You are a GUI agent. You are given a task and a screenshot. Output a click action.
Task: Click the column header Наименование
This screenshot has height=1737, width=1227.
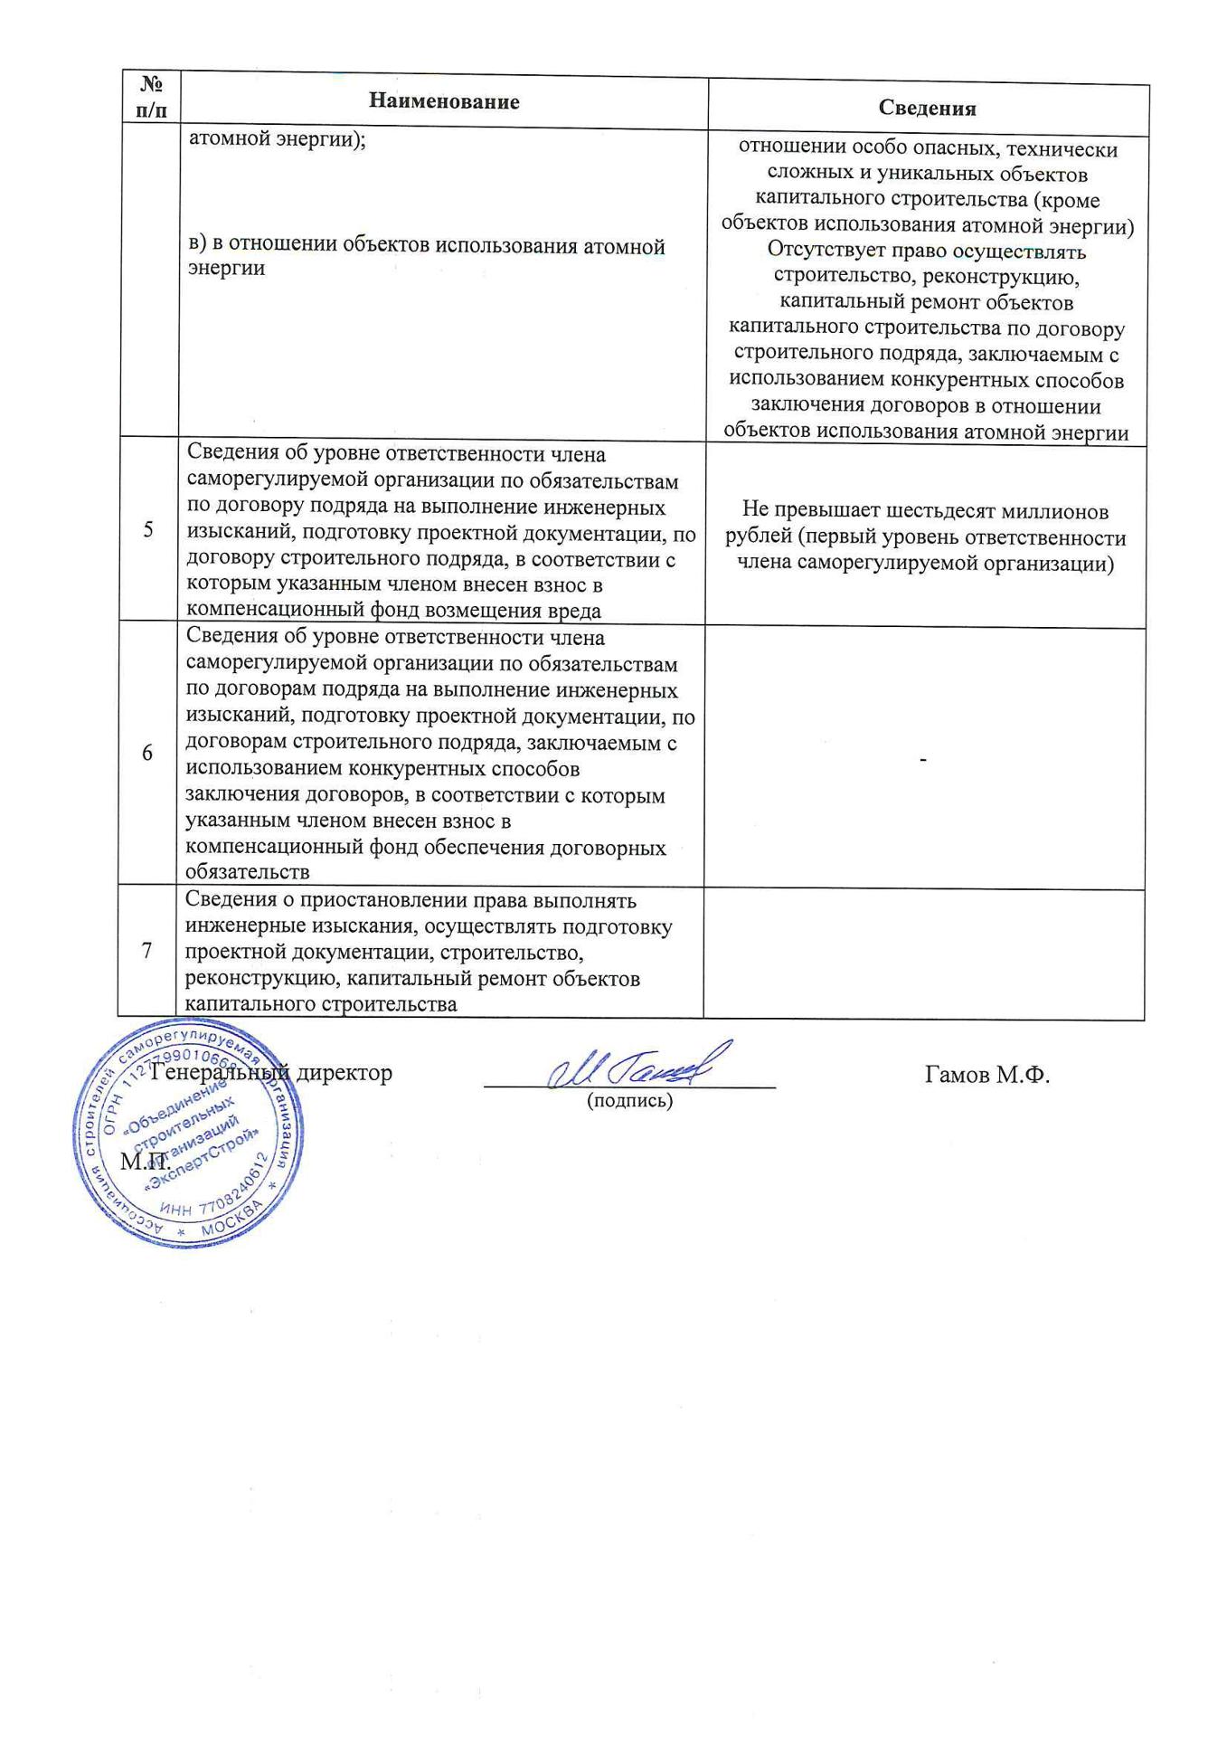coord(443,101)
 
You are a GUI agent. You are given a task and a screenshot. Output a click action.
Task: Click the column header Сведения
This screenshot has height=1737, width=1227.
coord(927,109)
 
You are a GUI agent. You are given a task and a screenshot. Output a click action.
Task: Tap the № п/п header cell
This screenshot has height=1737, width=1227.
coord(151,98)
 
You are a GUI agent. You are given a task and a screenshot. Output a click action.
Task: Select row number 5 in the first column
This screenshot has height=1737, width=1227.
coord(148,530)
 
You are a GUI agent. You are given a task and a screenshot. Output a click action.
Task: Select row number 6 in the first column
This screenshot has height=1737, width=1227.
coord(147,753)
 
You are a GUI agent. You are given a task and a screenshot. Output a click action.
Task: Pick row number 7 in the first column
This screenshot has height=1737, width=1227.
coord(147,950)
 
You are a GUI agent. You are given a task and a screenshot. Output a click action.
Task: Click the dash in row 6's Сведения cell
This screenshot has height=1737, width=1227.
coord(922,762)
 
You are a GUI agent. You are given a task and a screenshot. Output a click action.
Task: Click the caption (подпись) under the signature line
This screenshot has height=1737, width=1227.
coord(629,1101)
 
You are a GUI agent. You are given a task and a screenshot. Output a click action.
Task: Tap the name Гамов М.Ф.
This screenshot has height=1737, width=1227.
coord(986,1075)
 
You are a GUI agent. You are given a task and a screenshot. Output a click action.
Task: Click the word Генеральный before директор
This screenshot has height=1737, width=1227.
coord(220,1073)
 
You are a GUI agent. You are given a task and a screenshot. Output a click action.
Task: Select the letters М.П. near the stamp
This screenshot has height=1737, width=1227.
coord(146,1161)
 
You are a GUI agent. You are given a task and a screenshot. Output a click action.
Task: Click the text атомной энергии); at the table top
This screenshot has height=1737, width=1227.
coord(276,141)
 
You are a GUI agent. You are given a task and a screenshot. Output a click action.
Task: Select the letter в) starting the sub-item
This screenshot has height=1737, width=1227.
coord(196,246)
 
